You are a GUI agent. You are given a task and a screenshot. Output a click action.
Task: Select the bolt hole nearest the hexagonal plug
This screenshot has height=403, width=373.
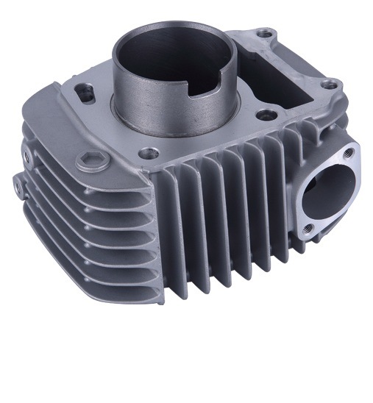pos(151,154)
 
